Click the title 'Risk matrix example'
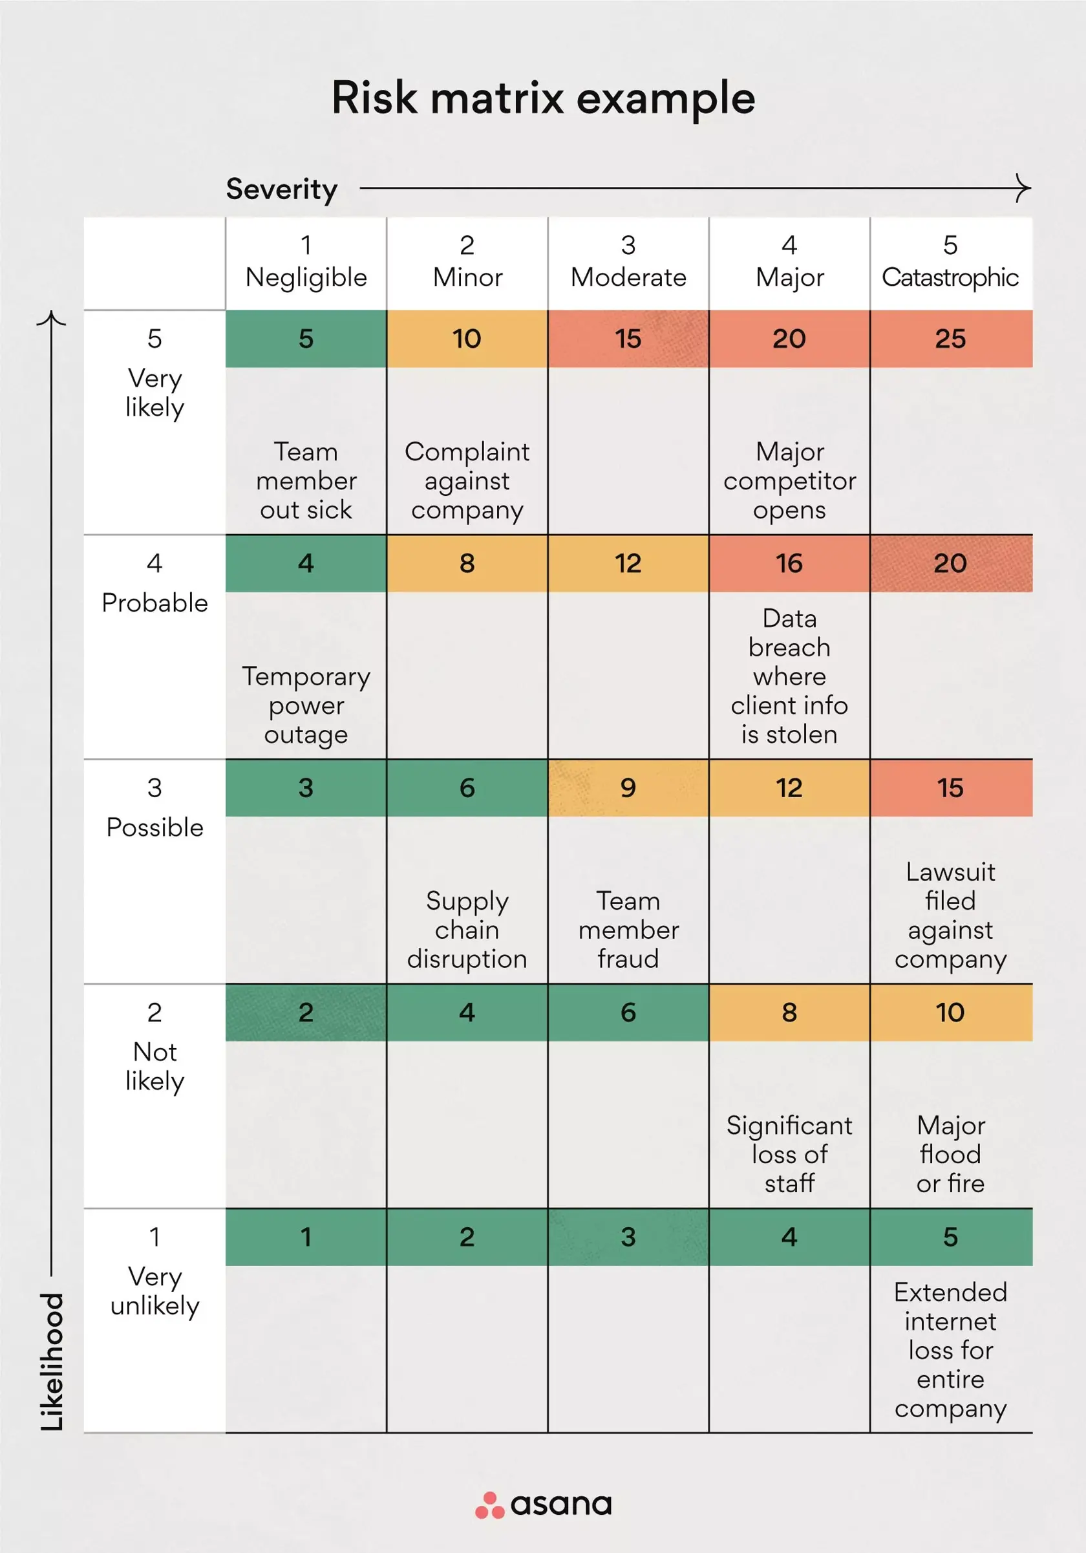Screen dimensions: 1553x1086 (x=543, y=99)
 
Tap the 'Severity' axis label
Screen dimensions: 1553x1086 (x=281, y=189)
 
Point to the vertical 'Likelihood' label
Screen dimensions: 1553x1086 (x=52, y=1361)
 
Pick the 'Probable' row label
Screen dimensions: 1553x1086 (x=155, y=603)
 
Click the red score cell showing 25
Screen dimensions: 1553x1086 (x=950, y=339)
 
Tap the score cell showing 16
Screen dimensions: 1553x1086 (x=789, y=563)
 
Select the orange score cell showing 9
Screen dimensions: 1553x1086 (x=628, y=788)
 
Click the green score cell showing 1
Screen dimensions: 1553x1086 (x=306, y=1237)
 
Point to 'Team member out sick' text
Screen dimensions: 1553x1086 (x=306, y=481)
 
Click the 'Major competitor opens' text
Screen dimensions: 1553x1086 (x=789, y=481)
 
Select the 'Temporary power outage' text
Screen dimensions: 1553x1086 (x=306, y=705)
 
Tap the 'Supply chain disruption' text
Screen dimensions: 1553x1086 (x=467, y=930)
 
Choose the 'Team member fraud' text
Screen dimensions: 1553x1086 (x=628, y=930)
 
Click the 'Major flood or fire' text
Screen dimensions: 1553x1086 (x=950, y=1155)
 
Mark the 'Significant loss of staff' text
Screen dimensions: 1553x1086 (x=789, y=1155)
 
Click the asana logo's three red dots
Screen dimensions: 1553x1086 (x=489, y=1505)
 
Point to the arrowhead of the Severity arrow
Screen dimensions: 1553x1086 (x=1026, y=188)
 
